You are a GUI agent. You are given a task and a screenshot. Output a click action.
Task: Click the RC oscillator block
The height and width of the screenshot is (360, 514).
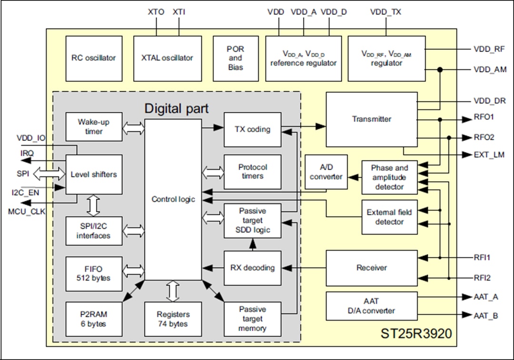coord(93,58)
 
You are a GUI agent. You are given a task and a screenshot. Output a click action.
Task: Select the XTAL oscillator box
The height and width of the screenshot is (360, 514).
coord(167,58)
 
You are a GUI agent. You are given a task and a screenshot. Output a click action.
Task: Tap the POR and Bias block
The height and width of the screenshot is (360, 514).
coord(235,58)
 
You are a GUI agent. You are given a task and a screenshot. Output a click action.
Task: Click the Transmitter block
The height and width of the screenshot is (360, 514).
coord(371,119)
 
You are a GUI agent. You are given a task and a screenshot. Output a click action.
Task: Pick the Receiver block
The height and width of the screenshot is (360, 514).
coord(371,268)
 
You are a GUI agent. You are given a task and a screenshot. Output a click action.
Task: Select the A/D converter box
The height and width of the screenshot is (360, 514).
coord(326,172)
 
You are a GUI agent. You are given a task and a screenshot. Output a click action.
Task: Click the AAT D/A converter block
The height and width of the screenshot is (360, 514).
coord(371,305)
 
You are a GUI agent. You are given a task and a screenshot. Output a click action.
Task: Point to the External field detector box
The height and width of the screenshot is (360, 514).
coord(389,217)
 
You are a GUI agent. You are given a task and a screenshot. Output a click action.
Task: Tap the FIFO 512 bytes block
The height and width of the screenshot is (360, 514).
coord(93,273)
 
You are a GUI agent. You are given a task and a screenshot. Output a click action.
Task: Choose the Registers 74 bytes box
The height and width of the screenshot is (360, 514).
coord(173,319)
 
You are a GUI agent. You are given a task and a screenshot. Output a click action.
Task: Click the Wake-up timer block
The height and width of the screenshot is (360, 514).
coord(93,126)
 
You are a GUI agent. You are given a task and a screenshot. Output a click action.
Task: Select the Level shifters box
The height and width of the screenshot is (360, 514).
coord(93,174)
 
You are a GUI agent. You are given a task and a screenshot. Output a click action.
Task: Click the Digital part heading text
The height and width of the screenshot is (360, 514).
coord(176,108)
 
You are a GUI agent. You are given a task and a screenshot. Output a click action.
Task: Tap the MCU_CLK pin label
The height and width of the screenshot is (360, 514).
coord(26,211)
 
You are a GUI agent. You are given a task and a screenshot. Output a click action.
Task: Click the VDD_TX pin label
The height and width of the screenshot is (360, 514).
coord(385,12)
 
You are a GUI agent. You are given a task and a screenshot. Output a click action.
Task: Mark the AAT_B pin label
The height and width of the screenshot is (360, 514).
coord(486,315)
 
